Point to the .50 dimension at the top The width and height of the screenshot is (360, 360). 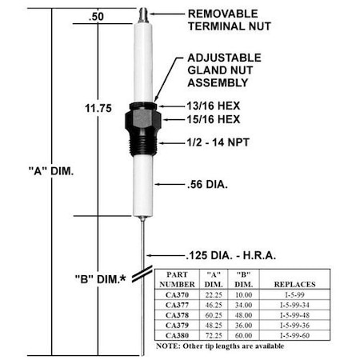pos(96,16)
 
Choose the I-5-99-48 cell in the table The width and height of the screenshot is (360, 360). pos(290,314)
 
